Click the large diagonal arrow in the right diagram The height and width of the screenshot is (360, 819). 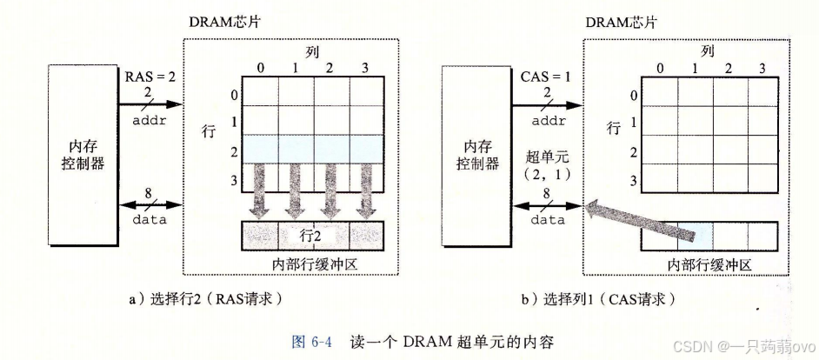click(x=643, y=219)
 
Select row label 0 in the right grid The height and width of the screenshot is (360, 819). click(x=633, y=96)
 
